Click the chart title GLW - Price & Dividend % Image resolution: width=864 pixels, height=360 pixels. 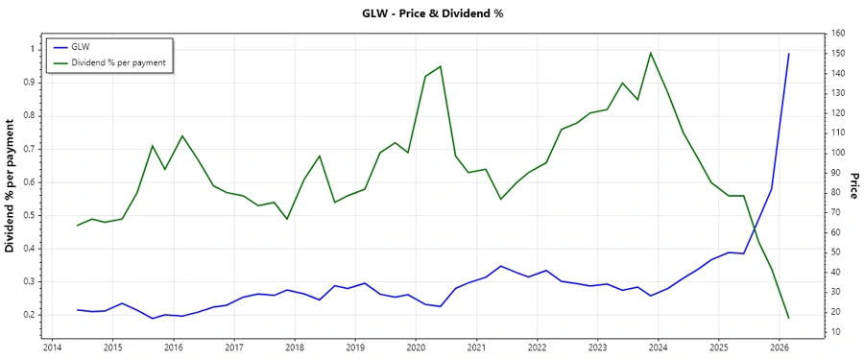431,13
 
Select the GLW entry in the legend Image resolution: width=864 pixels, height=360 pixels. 81,46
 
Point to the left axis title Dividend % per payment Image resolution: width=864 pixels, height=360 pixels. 11,186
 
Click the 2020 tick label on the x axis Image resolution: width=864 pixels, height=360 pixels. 415,348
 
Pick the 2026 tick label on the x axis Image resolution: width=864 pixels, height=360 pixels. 779,348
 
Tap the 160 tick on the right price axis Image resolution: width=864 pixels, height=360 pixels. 837,34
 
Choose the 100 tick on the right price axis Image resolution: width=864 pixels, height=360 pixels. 837,153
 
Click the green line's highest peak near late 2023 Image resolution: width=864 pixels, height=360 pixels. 651,53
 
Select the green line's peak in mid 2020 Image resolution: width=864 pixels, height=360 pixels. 441,66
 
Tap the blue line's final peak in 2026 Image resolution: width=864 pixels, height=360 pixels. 789,54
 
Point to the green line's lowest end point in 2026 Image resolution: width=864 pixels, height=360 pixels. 789,318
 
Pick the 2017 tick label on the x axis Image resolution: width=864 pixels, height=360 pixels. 233,348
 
